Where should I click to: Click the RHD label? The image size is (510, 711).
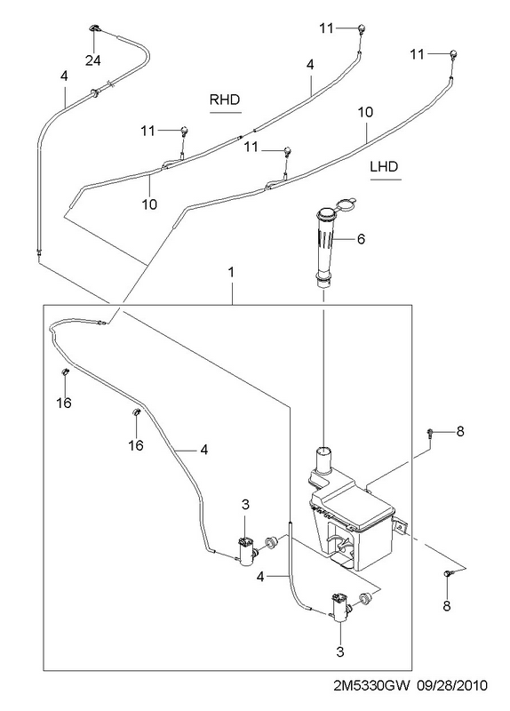(x=225, y=100)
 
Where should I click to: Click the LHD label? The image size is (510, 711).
(x=384, y=166)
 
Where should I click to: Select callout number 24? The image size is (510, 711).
(x=93, y=60)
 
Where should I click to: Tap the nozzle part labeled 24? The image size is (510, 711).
(x=94, y=28)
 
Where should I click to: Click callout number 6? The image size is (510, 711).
(x=361, y=238)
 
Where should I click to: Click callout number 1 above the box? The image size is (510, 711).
(x=231, y=273)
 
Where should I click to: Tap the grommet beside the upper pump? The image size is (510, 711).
(x=271, y=541)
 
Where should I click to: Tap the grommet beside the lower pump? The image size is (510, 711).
(x=365, y=598)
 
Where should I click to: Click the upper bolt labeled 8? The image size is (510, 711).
(x=429, y=433)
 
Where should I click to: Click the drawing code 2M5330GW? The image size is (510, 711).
(x=371, y=684)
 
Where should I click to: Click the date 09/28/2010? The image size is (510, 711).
(x=452, y=684)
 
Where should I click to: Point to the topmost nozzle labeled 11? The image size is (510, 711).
(x=362, y=28)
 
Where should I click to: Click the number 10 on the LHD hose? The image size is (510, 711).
(x=365, y=112)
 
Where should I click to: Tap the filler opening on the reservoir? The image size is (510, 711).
(x=323, y=451)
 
